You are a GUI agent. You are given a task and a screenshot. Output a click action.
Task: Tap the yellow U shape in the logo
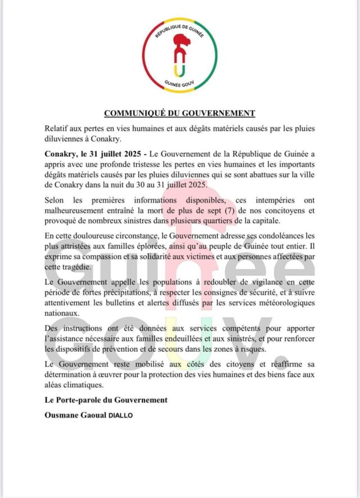[179, 69]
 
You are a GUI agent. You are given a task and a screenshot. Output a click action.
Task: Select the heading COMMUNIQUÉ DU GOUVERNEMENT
[179, 114]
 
